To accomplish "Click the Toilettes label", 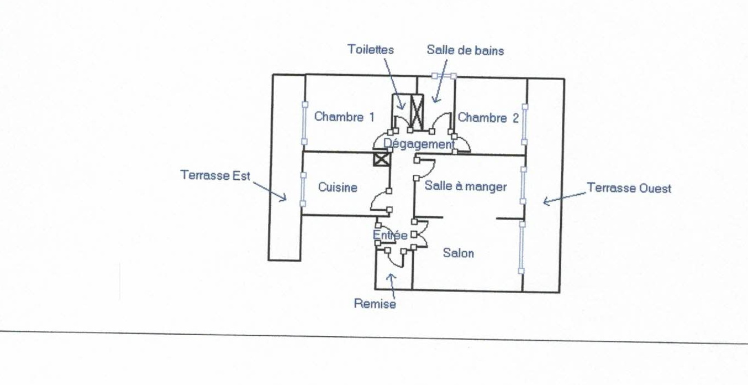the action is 370,49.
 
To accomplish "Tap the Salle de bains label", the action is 465,50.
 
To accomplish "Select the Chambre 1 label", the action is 344,117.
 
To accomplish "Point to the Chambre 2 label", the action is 488,117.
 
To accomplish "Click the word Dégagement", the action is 419,144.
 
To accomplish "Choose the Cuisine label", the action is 338,188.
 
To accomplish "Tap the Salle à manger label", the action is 466,186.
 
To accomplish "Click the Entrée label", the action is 390,235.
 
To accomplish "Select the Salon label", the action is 458,253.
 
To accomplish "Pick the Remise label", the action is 375,304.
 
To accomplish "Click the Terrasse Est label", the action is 215,175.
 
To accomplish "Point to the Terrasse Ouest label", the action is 629,188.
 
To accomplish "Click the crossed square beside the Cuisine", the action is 382,159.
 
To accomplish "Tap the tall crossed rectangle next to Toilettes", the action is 417,112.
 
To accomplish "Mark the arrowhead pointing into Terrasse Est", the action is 283,197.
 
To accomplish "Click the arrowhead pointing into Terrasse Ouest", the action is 546,201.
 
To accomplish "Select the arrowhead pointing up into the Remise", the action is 391,277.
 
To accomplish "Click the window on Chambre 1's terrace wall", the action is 304,123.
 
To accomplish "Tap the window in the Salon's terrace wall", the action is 522,247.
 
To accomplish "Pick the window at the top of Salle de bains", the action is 444,76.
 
